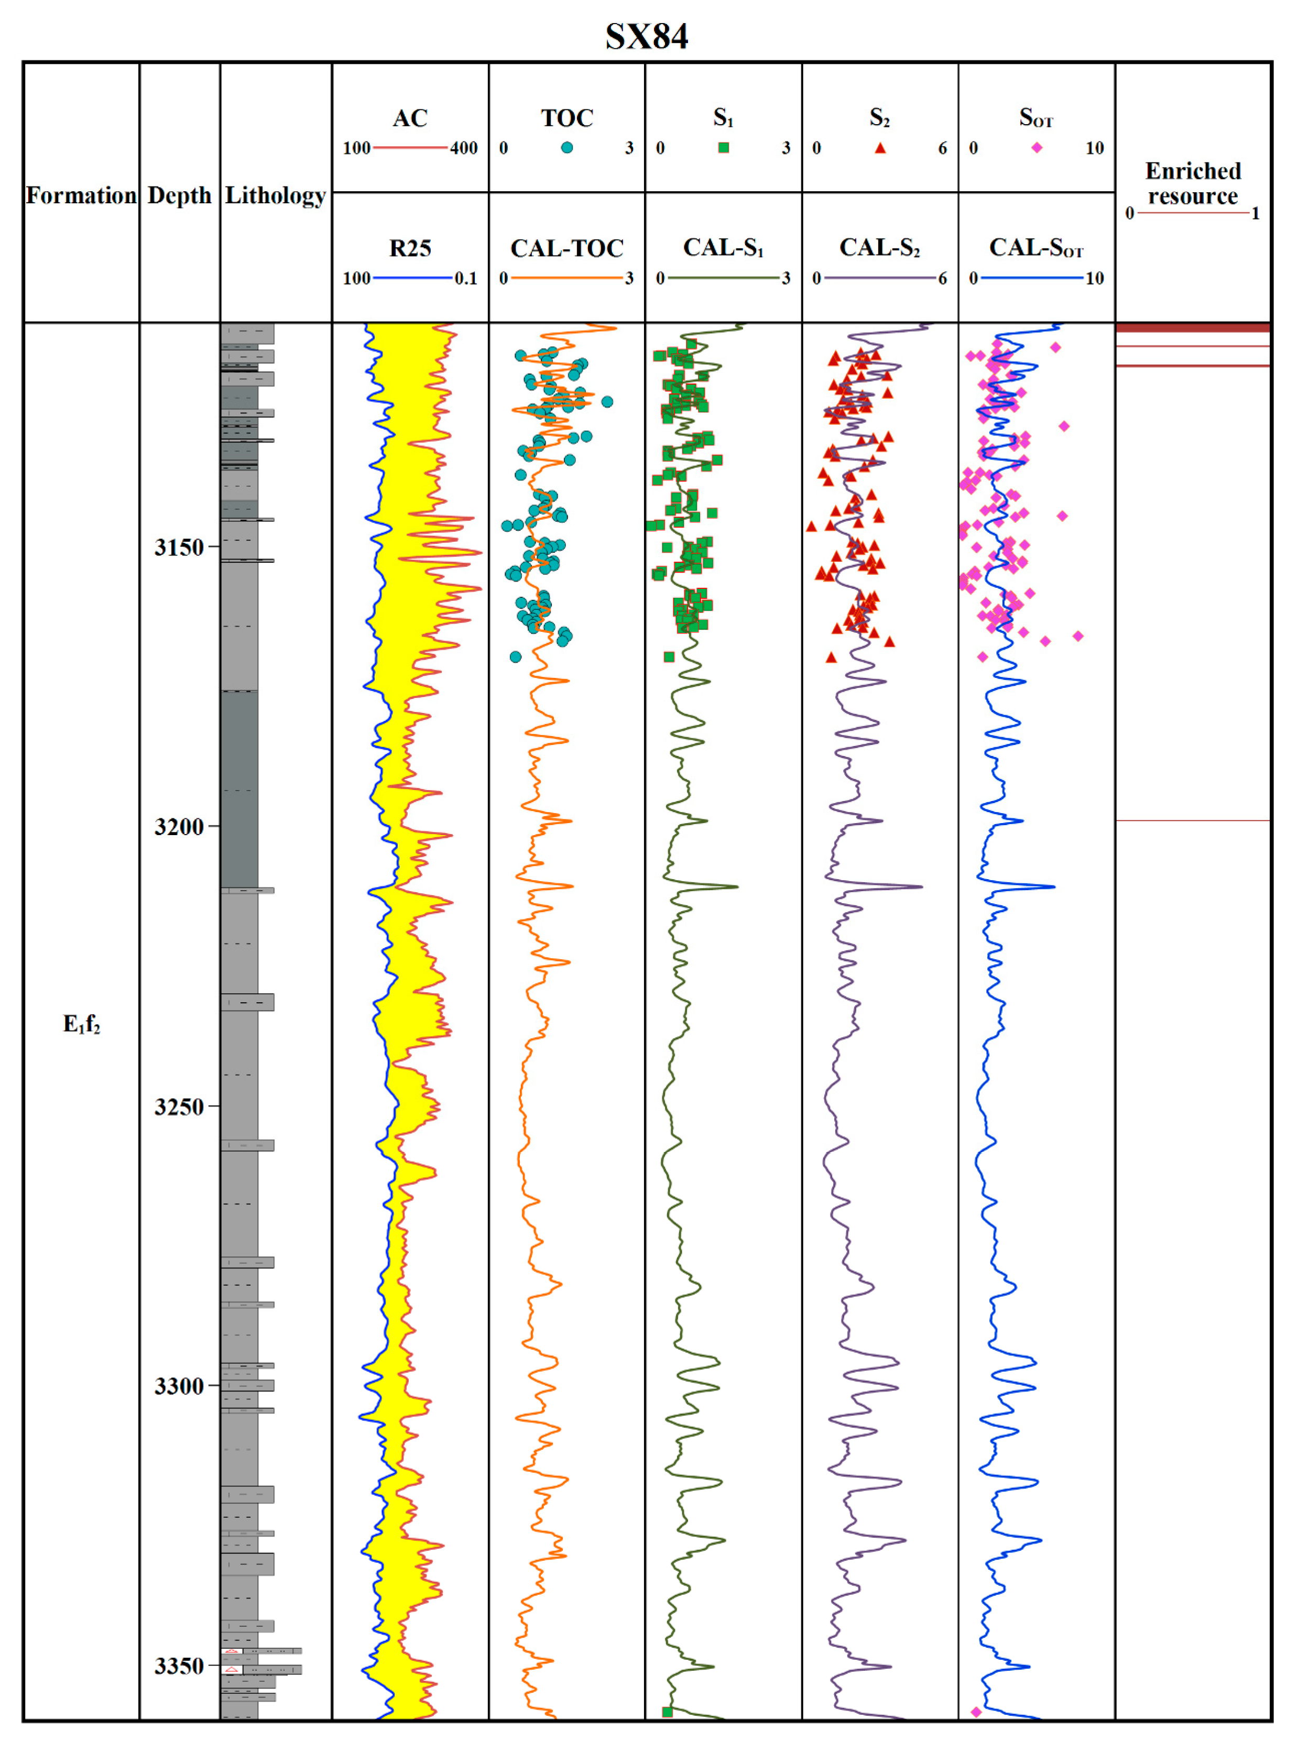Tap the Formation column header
tap(81, 195)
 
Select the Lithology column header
tap(275, 195)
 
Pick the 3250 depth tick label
tap(178, 1106)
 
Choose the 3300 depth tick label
tap(178, 1386)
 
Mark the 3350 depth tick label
tap(178, 1666)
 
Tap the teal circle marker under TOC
tap(566, 148)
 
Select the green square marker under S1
tap(724, 148)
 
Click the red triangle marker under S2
tap(880, 148)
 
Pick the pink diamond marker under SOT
tap(1037, 148)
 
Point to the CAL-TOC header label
tap(566, 248)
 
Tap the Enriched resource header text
tap(1193, 183)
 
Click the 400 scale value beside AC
tap(464, 148)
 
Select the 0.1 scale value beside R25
tap(465, 278)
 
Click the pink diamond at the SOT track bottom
tap(976, 1712)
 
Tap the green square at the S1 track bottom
tap(667, 1712)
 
